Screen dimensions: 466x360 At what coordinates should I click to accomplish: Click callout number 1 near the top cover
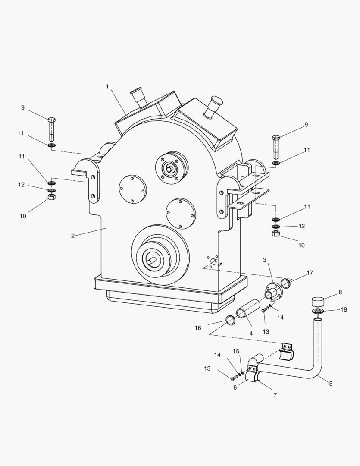(x=107, y=87)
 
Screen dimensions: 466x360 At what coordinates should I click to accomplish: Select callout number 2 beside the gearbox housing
(x=73, y=236)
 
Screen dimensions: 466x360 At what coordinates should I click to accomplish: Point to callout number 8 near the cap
(x=340, y=292)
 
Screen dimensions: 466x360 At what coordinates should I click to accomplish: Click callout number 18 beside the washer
(x=343, y=310)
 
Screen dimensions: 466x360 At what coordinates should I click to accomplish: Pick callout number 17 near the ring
(x=310, y=273)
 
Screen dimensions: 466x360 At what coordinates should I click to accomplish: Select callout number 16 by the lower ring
(x=198, y=328)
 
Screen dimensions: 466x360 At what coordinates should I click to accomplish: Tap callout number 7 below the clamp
(x=275, y=394)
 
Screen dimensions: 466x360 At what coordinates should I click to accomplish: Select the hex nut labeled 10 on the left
(x=51, y=197)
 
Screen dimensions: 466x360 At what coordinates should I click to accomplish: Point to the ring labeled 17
(x=286, y=283)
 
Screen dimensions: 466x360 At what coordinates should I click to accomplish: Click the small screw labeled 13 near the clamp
(x=233, y=378)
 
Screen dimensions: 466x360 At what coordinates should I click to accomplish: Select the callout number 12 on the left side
(x=21, y=185)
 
